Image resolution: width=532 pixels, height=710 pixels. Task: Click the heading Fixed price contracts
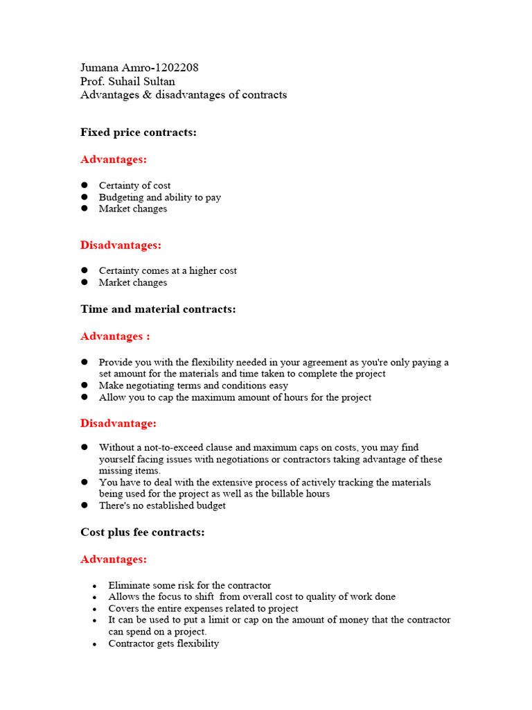pyautogui.click(x=139, y=132)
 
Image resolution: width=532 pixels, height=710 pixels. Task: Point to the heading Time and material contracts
pyautogui.click(x=158, y=309)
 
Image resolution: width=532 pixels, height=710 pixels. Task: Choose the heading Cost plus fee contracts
pyautogui.click(x=142, y=532)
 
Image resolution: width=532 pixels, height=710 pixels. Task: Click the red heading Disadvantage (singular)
pyautogui.click(x=118, y=423)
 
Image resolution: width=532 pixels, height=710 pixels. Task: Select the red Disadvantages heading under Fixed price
pyautogui.click(x=121, y=245)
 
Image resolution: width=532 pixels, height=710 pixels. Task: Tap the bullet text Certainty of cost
pyautogui.click(x=134, y=186)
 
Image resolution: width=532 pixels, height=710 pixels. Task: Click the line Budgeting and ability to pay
pyautogui.click(x=160, y=198)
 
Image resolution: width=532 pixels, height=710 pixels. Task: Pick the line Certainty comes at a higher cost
pyautogui.click(x=168, y=271)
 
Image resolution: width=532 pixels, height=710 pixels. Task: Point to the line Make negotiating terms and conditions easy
pyautogui.click(x=193, y=386)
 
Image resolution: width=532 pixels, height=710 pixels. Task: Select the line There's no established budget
pyautogui.click(x=162, y=505)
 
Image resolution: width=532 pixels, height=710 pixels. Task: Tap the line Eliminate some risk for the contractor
pyautogui.click(x=190, y=585)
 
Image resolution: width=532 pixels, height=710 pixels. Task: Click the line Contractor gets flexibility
pyautogui.click(x=163, y=643)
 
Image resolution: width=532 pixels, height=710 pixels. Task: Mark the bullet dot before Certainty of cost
pyautogui.click(x=85, y=186)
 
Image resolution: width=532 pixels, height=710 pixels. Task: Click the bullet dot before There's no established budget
pyautogui.click(x=85, y=505)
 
